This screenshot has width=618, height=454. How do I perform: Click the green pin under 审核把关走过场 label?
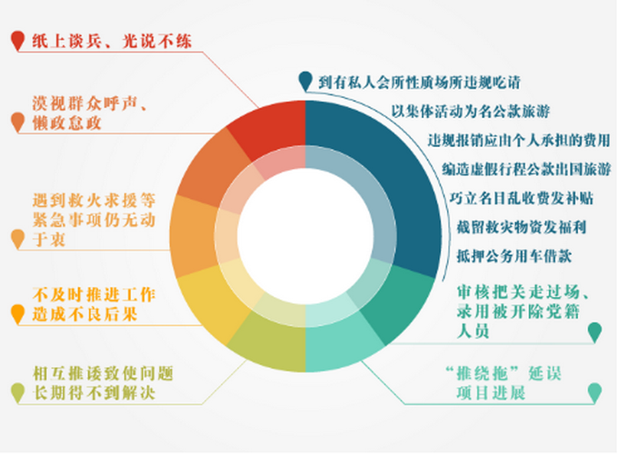[x=595, y=331]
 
